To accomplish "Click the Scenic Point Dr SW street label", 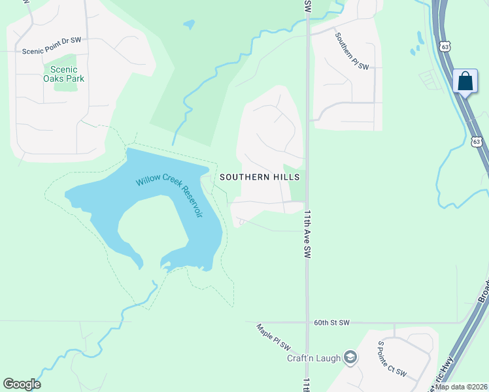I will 51,41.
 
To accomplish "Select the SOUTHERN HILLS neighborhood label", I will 260,177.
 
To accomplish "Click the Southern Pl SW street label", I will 352,52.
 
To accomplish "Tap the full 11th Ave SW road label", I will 306,234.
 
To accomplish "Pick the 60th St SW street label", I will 332,323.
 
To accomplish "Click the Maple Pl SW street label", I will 273,338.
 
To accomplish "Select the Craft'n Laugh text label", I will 314,358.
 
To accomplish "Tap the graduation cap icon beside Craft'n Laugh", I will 351,357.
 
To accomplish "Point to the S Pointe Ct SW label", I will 392,359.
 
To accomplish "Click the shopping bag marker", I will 465,81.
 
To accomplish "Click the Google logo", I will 22,384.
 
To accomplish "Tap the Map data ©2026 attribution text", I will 462,387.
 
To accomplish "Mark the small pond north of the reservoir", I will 189,25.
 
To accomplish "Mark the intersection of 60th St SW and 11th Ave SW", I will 307,322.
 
